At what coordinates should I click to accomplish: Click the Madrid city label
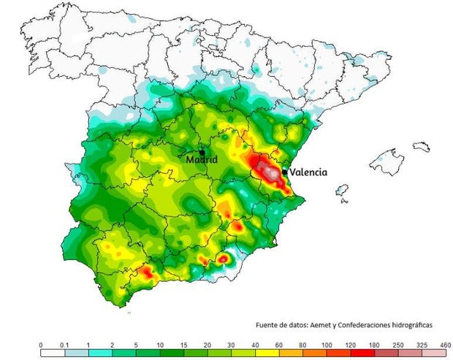point(202,159)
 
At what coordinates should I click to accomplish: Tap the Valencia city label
point(308,172)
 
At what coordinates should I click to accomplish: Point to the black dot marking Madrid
point(202,152)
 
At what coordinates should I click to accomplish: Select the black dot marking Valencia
point(284,172)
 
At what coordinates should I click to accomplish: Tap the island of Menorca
point(422,147)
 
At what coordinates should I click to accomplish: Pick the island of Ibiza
point(341,192)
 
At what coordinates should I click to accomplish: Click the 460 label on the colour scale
point(444,343)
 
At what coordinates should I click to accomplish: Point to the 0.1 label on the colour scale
point(64,343)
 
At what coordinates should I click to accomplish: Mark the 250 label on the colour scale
point(397,343)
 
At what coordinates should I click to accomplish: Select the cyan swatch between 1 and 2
point(99,353)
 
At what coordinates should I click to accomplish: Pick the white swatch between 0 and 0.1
point(52,353)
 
